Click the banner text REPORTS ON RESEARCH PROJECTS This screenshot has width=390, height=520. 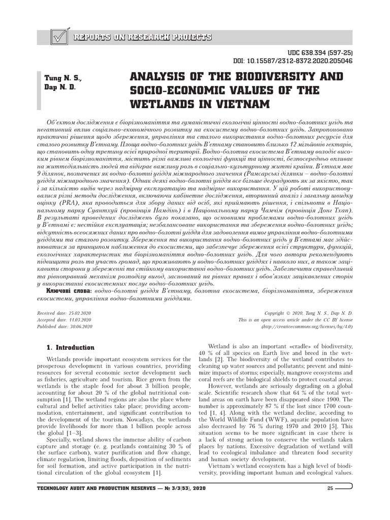tap(142, 38)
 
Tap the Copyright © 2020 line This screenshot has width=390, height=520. tap(311, 314)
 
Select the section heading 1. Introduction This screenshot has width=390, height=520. tap(71, 348)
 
